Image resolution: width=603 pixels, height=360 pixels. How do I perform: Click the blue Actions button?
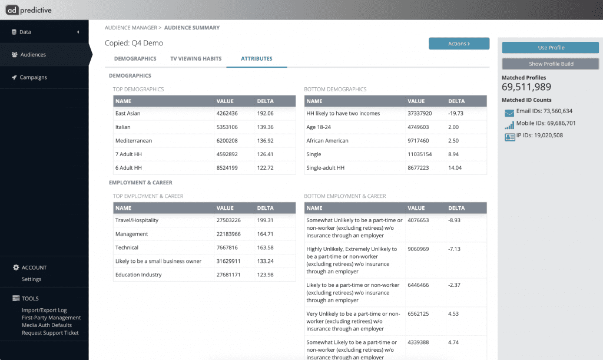[459, 44]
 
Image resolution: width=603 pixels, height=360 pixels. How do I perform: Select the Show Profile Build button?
[551, 64]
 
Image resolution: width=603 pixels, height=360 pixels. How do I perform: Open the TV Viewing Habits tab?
[196, 58]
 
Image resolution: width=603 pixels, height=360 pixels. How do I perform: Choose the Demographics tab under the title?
[135, 58]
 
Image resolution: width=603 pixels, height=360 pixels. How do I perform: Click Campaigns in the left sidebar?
[33, 77]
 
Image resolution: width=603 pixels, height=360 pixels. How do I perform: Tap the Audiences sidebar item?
[33, 55]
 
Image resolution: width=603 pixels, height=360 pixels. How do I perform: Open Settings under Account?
[32, 279]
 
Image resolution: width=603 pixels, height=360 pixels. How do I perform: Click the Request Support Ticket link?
[50, 333]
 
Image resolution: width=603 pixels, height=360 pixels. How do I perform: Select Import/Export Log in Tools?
[44, 310]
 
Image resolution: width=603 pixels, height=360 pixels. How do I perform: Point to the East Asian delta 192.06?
[266, 114]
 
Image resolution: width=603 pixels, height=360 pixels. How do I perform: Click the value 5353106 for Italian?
[227, 127]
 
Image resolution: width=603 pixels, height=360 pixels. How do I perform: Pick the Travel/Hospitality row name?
[137, 220]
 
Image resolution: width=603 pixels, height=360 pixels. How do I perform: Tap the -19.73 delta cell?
[456, 114]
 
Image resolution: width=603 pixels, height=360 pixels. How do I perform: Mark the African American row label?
[327, 141]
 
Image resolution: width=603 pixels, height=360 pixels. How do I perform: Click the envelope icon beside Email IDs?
[509, 113]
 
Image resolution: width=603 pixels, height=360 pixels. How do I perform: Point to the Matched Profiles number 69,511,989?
[526, 87]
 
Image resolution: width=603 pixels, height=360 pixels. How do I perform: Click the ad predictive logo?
[28, 10]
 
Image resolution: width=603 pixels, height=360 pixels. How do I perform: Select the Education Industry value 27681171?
[228, 275]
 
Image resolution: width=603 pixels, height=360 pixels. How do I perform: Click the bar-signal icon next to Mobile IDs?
[509, 125]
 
